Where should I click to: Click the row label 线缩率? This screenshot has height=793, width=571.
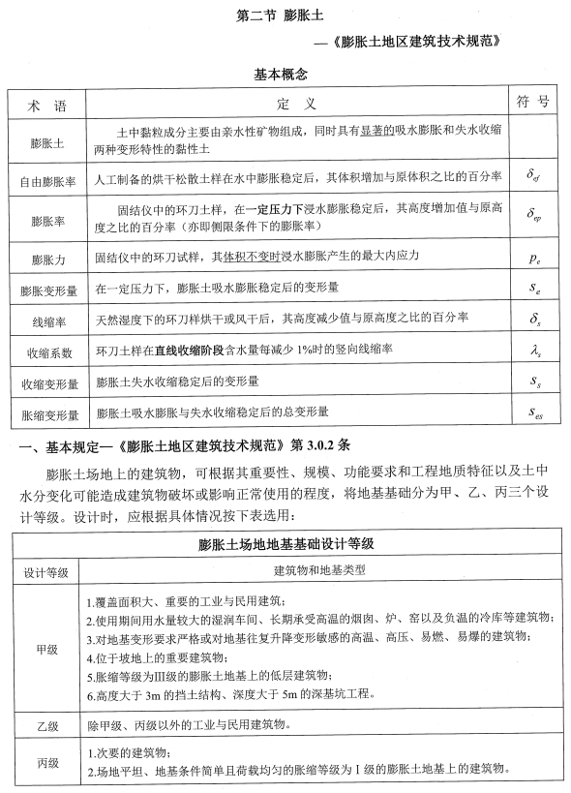[46, 319]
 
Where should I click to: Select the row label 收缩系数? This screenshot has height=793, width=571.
[46, 350]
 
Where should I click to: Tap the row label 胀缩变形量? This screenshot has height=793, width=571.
[46, 413]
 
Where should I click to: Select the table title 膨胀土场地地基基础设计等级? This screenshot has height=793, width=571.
[285, 542]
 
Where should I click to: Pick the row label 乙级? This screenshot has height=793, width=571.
[46, 725]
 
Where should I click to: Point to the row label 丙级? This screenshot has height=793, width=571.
[46, 762]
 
